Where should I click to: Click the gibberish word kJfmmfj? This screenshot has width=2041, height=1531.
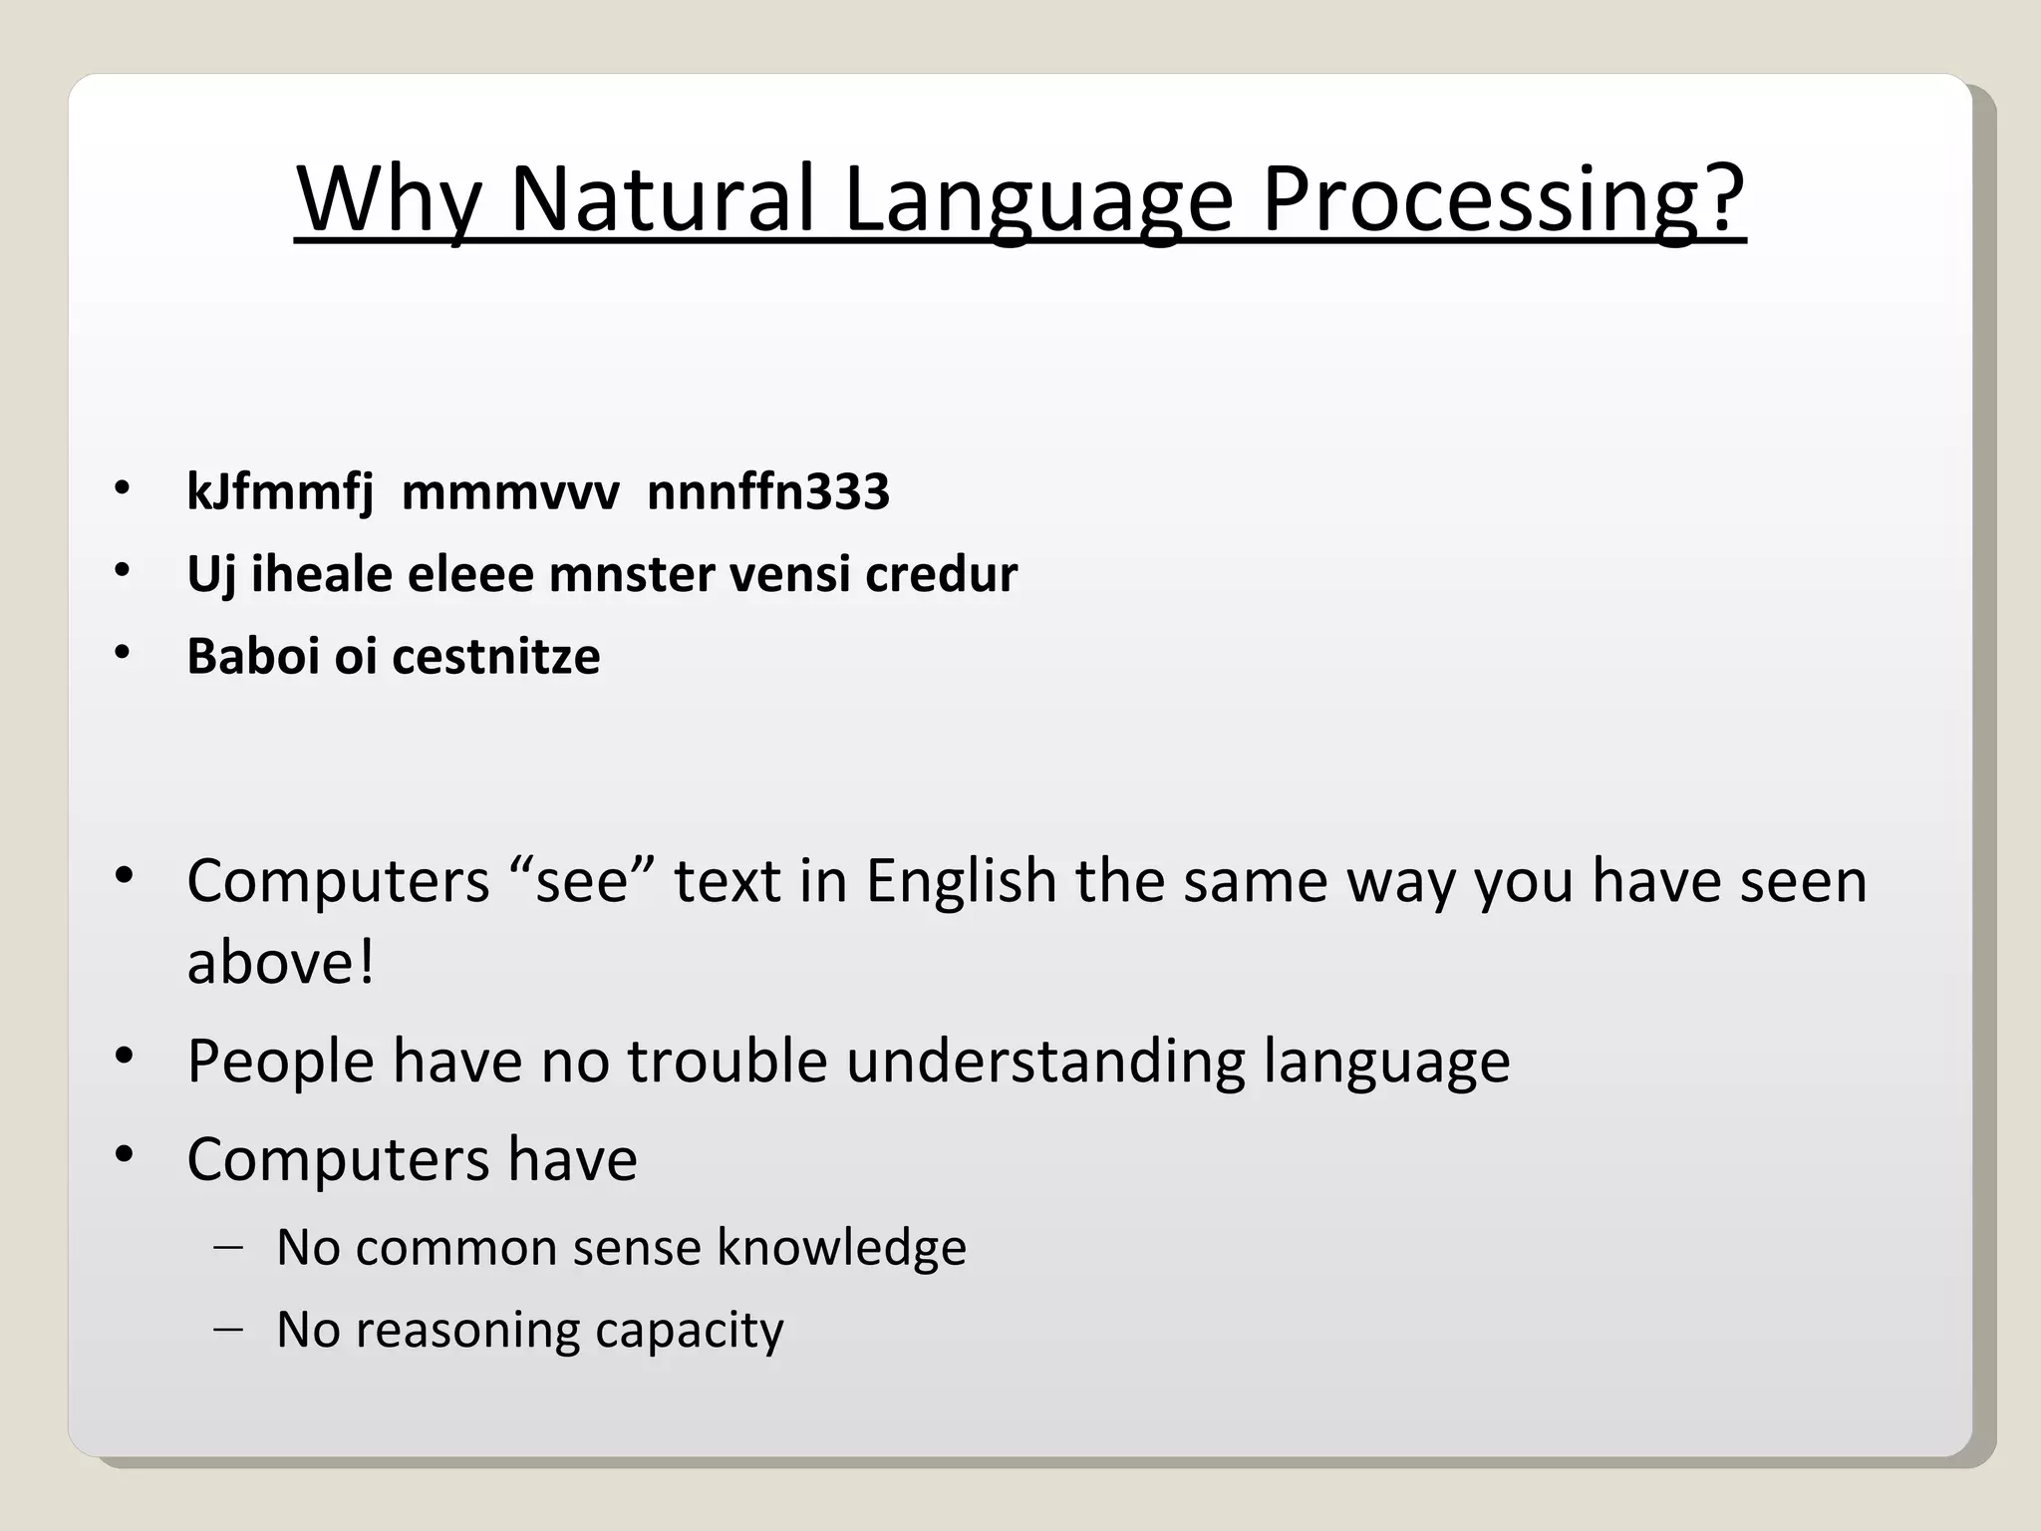pyautogui.click(x=280, y=492)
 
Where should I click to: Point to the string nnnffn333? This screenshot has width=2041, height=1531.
pyautogui.click(x=767, y=492)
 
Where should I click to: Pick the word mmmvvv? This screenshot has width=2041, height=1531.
pyautogui.click(x=509, y=492)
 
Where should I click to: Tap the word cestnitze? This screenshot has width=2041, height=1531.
pyautogui.click(x=496, y=656)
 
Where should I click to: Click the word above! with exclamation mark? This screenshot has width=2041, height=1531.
pyautogui.click(x=281, y=963)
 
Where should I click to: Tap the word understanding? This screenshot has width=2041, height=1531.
pyautogui.click(x=1045, y=1061)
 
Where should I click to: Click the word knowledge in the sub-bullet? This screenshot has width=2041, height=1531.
pyautogui.click(x=841, y=1248)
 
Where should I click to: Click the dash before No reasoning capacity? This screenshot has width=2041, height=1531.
pyautogui.click(x=228, y=1330)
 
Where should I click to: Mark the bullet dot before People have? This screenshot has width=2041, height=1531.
pyautogui.click(x=124, y=1057)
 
